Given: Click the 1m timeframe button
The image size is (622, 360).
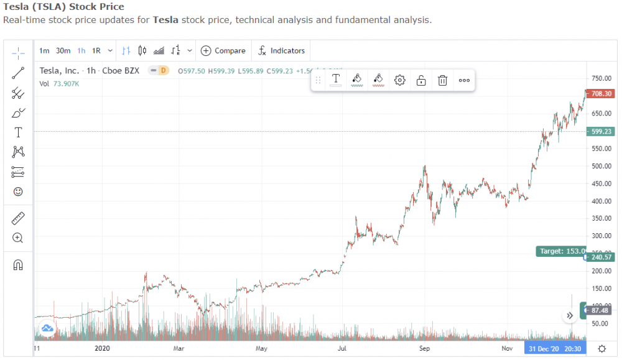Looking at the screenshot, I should pyautogui.click(x=44, y=51).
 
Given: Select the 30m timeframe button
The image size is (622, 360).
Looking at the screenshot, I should pyautogui.click(x=63, y=51).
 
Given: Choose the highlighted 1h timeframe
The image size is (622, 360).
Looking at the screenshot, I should pyautogui.click(x=81, y=51).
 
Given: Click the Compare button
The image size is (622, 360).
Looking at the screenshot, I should pyautogui.click(x=223, y=51).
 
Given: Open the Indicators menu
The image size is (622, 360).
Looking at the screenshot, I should pyautogui.click(x=282, y=51).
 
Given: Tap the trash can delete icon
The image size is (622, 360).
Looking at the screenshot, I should pyautogui.click(x=442, y=80).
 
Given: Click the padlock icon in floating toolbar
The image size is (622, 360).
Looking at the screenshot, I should pyautogui.click(x=421, y=80).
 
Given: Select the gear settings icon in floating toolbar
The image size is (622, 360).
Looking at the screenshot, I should pyautogui.click(x=400, y=80).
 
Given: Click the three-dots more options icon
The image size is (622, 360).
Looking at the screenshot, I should pyautogui.click(x=464, y=80).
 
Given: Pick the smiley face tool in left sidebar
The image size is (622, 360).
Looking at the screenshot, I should pyautogui.click(x=18, y=192).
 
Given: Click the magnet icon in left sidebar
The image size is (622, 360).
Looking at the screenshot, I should pyautogui.click(x=18, y=265).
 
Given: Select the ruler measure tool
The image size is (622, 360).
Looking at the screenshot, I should pyautogui.click(x=18, y=218).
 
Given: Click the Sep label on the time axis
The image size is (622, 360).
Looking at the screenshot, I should pyautogui.click(x=424, y=349).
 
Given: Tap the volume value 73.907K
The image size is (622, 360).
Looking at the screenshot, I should pyautogui.click(x=67, y=83).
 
